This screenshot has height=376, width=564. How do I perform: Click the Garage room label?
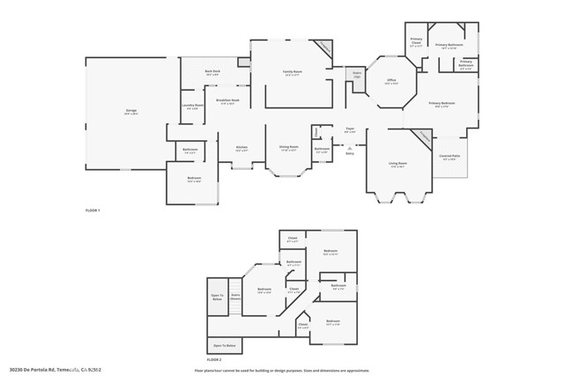(130, 111)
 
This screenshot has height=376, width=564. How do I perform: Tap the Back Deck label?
(212, 72)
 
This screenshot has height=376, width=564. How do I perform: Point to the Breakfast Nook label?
(228, 101)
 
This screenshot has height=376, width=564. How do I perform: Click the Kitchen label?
(241, 149)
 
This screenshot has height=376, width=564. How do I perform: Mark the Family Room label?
(293, 73)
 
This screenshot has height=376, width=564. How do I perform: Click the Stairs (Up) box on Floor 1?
(358, 74)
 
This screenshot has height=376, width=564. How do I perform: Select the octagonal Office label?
(391, 82)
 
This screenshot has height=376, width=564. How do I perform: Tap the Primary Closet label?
(416, 41)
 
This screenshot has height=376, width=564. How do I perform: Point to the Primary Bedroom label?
(441, 105)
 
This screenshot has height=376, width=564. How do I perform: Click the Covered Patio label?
(449, 157)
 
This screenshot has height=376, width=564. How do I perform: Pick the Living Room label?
(397, 164)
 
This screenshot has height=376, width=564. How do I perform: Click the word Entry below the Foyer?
(350, 152)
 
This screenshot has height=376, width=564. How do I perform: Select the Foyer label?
(350, 130)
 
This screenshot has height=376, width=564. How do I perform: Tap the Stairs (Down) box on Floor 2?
(235, 297)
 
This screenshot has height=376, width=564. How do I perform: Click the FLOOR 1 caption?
(93, 210)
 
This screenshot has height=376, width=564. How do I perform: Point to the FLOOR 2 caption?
(214, 360)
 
